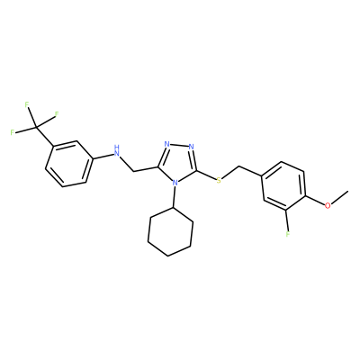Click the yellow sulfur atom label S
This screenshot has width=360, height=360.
point(219,180)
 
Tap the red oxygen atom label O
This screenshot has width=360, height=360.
point(328,205)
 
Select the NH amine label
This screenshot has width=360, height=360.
point(117,151)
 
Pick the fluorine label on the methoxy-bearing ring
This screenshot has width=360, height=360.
point(288,234)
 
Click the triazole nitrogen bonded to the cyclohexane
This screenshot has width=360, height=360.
point(175,182)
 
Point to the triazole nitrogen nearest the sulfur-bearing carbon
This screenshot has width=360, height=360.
point(192,147)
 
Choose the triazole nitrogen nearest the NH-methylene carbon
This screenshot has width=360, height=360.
point(167,144)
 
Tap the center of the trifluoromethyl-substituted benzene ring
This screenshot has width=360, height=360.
point(68,164)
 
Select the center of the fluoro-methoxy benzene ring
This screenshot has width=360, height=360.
point(283,186)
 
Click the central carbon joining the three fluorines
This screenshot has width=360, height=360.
point(36,127)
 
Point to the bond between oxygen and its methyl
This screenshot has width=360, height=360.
point(339,198)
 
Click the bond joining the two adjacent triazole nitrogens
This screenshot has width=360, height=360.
point(179,146)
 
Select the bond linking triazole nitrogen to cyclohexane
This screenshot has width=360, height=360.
point(174,196)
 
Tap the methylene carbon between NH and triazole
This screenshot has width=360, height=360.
point(133,172)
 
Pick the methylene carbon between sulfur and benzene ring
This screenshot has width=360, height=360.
point(239,166)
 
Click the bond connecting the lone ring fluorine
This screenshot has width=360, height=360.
point(287,220)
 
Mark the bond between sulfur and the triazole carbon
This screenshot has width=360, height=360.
point(206,175)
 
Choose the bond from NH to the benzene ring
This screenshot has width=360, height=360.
point(102,156)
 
